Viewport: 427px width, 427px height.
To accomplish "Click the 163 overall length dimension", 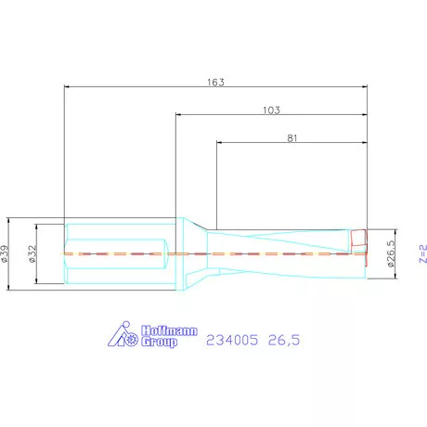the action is coord(215,83).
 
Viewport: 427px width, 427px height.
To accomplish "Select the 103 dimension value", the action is coord(271,110).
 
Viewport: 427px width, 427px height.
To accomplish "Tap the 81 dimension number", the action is coord(292,138).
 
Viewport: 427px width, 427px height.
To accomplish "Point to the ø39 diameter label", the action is coord(5,253).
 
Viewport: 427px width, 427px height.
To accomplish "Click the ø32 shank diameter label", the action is coord(32,253).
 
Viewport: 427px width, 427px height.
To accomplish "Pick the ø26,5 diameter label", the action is coord(391,253).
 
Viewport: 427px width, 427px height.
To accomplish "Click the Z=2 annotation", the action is coord(423,253).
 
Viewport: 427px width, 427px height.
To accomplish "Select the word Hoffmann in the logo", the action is coord(169,330).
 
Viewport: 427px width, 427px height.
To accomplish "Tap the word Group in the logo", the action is coord(160,342).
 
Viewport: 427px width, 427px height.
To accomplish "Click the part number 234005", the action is coord(232,340).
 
